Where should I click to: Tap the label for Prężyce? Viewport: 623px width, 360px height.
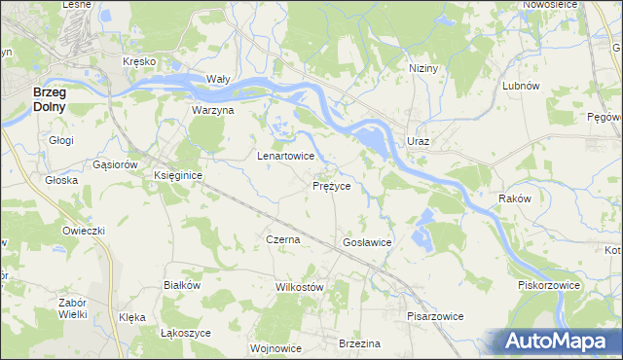tap(338, 185)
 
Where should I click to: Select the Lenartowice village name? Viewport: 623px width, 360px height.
tap(284, 156)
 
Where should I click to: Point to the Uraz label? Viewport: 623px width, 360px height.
tap(418, 141)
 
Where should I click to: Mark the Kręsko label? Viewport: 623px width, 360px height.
tap(139, 60)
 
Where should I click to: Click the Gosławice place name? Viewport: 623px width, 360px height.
tap(367, 241)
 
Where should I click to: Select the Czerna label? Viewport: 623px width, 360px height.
tap(282, 238)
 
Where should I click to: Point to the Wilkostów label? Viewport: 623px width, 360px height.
tap(299, 287)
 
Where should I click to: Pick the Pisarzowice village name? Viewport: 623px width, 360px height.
tap(435, 316)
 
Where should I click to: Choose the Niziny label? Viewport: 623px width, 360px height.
tap(424, 69)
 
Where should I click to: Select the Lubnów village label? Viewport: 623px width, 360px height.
tap(520, 86)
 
